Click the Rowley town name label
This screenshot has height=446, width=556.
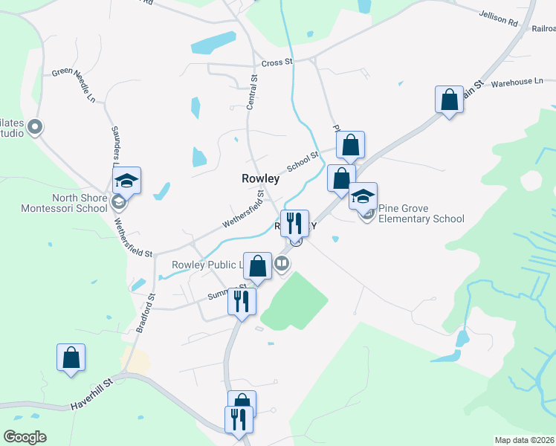point(260,178)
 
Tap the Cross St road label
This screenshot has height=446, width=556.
point(277,63)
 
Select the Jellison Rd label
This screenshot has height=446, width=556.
point(498,19)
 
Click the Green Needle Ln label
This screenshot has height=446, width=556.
point(74,85)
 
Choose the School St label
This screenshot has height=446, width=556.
point(303,160)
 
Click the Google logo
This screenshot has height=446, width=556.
point(25,437)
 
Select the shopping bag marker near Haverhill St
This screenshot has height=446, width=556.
point(71,358)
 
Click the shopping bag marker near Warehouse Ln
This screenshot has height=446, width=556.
point(450,100)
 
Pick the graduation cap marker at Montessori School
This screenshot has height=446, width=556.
point(126,180)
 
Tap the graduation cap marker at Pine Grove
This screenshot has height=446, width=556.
point(363,196)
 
